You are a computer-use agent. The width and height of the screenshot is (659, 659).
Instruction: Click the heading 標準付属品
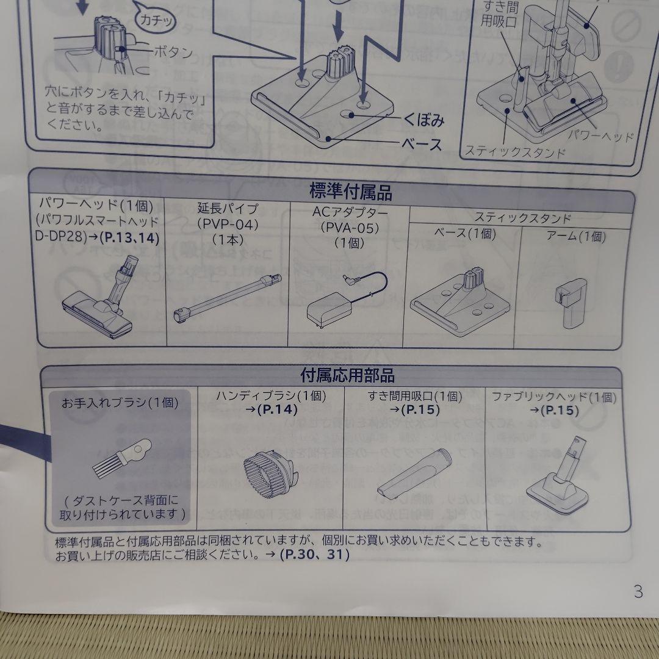click(x=350, y=193)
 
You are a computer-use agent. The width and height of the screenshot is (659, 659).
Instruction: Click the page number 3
click(x=638, y=591)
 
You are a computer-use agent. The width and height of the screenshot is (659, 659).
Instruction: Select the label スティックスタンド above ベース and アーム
click(x=522, y=217)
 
